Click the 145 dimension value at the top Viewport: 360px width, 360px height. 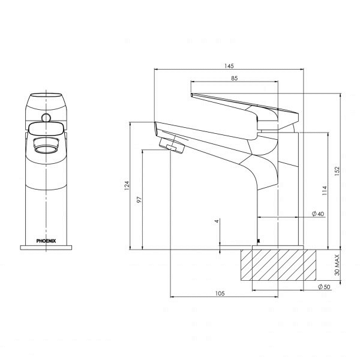click(x=228, y=65)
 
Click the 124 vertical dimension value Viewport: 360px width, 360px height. click(x=126, y=187)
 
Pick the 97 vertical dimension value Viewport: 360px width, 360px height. click(x=139, y=200)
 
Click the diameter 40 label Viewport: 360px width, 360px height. click(x=317, y=214)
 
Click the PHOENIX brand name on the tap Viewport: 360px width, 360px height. click(x=46, y=240)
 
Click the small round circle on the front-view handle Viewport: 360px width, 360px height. click(x=46, y=115)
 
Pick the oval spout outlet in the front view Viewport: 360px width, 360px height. click(x=46, y=145)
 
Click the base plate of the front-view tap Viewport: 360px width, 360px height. click(x=46, y=247)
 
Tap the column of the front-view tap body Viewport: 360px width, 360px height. click(x=46, y=198)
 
